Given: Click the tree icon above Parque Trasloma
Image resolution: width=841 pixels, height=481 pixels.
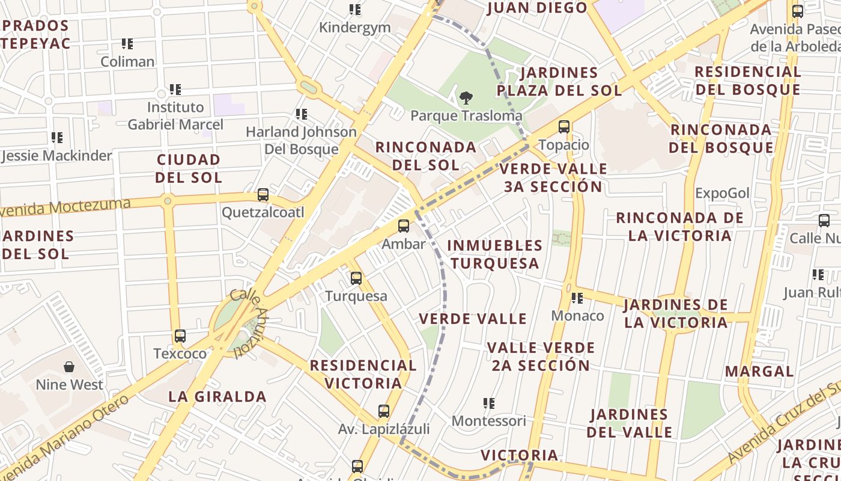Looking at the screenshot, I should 466,97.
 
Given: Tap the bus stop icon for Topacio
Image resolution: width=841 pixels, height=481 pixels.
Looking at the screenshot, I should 563,127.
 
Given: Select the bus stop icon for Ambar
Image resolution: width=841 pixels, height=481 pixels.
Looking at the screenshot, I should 404,226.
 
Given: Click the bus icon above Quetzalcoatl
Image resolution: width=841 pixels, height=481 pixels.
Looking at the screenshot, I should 263,195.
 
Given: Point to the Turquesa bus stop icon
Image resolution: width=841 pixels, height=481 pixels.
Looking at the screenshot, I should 356,278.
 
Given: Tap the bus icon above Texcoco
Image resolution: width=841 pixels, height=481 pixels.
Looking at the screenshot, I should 180,336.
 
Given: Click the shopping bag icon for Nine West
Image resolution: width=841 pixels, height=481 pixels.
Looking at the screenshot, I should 69,367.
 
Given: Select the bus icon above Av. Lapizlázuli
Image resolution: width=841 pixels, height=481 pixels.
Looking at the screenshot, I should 383,411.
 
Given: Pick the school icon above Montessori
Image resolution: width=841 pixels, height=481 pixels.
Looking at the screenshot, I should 489,403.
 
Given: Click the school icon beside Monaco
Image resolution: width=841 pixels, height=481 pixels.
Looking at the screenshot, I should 577,298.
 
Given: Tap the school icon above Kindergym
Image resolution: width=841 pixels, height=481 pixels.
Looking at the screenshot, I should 355,10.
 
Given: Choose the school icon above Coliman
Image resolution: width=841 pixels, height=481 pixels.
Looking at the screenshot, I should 127,44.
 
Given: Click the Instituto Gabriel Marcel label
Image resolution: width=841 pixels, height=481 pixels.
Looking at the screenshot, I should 175,115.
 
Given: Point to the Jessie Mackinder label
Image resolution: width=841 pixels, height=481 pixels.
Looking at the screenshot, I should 57,156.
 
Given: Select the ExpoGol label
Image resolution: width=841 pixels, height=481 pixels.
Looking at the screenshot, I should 722,193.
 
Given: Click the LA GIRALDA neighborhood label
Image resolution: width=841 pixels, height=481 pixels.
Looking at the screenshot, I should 217,396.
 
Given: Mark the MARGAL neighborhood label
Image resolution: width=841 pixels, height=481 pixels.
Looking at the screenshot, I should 759,371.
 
